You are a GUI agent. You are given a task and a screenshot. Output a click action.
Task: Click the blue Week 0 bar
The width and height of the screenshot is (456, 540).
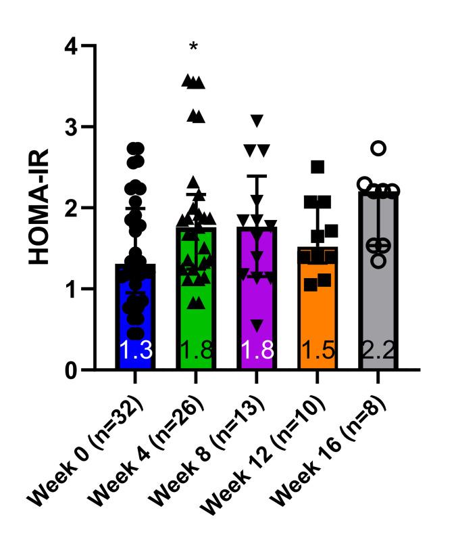pos(135,318)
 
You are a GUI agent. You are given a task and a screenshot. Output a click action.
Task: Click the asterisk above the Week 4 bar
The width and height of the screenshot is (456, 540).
pos(195,48)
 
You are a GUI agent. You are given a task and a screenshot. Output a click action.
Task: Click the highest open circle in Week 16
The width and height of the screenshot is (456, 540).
pos(378,148)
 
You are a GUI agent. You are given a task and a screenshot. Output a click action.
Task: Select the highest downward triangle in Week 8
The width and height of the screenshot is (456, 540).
pos(256,120)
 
